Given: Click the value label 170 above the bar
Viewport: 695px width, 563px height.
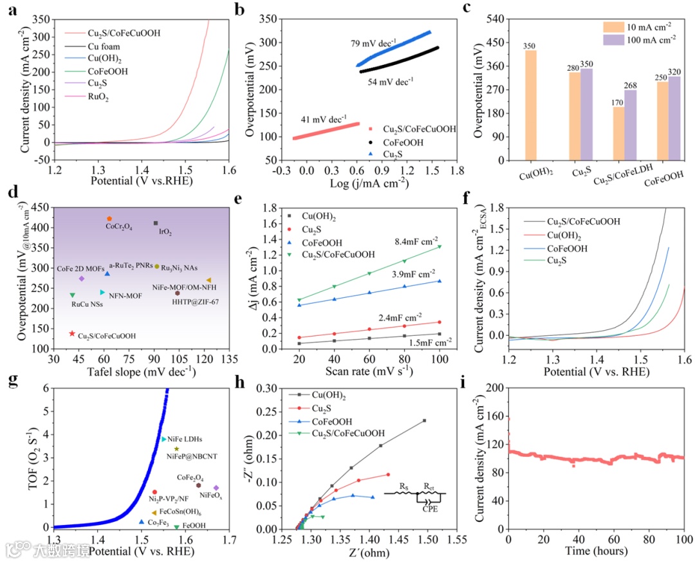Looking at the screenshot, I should [x=618, y=101].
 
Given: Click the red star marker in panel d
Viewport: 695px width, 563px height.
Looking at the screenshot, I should [x=71, y=333].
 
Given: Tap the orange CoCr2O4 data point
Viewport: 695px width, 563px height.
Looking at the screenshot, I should [x=109, y=219].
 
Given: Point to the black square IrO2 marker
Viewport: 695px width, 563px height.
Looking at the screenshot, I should [x=156, y=223].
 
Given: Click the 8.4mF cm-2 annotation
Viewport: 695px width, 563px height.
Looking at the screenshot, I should [x=418, y=241].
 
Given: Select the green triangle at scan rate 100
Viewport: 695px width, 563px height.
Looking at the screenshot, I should [x=440, y=246].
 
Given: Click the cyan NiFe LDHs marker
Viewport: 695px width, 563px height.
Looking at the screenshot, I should [x=163, y=439].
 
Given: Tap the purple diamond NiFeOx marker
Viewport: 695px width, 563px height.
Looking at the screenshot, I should [x=216, y=488].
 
